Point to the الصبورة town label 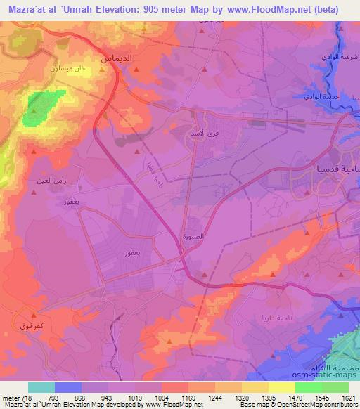[193, 237]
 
